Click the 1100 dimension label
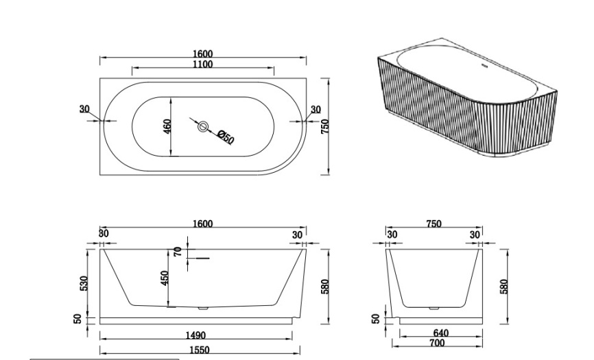pyautogui.click(x=202, y=64)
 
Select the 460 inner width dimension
pyautogui.click(x=167, y=126)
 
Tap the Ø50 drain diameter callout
pyautogui.click(x=226, y=137)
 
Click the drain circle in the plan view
pyautogui.click(x=203, y=126)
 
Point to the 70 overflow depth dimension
pyautogui.click(x=178, y=252)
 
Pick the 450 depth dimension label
pyautogui.click(x=165, y=278)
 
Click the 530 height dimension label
pyautogui.click(x=84, y=283)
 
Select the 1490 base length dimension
pyautogui.click(x=195, y=335)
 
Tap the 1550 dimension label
pyautogui.click(x=200, y=350)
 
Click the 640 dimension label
pyautogui.click(x=440, y=333)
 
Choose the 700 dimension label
pyautogui.click(x=437, y=343)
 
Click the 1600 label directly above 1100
pyautogui.click(x=202, y=54)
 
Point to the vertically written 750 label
pyautogui.click(x=324, y=126)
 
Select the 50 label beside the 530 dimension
pyautogui.click(x=78, y=319)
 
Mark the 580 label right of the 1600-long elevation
pyautogui.click(x=324, y=286)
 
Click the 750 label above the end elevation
pyautogui.click(x=433, y=224)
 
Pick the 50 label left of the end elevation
pyautogui.click(x=375, y=319)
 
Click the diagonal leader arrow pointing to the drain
pyautogui.click(x=194, y=122)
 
